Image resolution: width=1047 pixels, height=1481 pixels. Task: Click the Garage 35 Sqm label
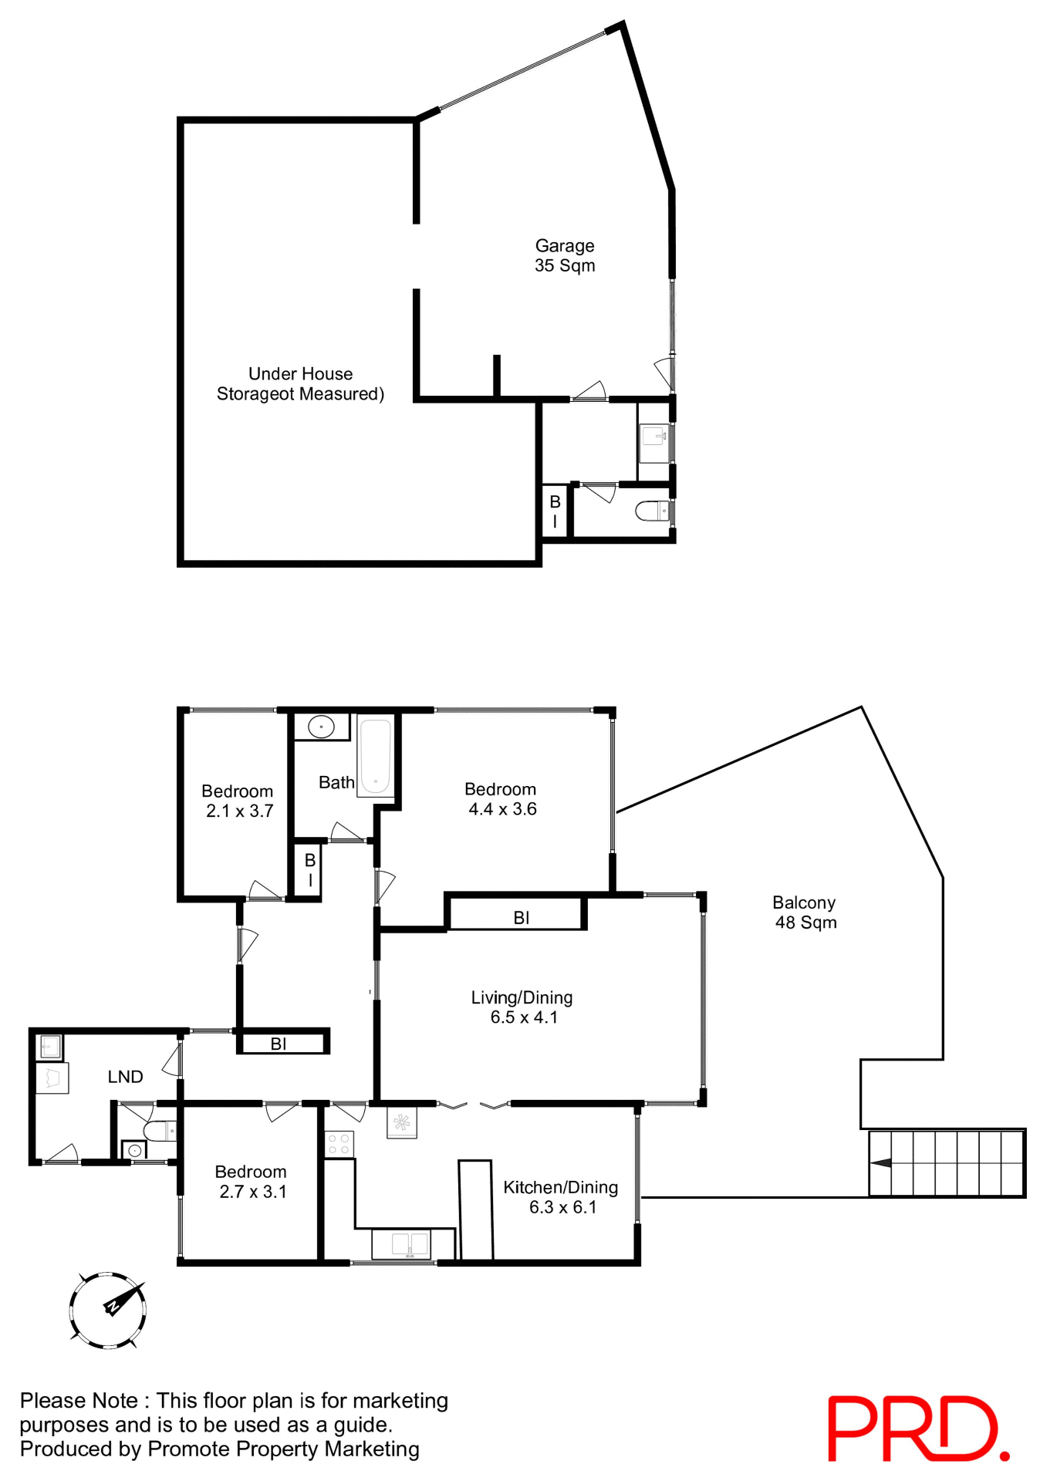(565, 255)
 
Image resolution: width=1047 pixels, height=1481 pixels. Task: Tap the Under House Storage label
(300, 383)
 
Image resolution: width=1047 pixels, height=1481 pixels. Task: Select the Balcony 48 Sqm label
(805, 913)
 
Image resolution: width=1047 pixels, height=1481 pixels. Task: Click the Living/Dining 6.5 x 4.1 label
(522, 1007)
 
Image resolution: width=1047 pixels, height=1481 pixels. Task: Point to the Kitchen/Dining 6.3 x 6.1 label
(561, 1197)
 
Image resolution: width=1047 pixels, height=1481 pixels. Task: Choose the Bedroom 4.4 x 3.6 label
(502, 799)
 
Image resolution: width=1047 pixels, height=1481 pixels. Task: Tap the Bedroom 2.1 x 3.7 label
(238, 801)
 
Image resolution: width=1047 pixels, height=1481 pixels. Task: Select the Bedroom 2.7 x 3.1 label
(252, 1182)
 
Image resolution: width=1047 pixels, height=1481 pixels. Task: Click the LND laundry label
(125, 1077)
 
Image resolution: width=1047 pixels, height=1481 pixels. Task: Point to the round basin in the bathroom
(321, 727)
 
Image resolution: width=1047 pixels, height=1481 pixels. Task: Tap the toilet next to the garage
(653, 511)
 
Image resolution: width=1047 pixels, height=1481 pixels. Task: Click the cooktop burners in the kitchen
(339, 1144)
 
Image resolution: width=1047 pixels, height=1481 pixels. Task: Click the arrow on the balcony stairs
(881, 1163)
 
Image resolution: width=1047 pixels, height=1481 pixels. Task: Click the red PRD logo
(918, 1428)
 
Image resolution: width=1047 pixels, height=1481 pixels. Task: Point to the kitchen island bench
(476, 1209)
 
